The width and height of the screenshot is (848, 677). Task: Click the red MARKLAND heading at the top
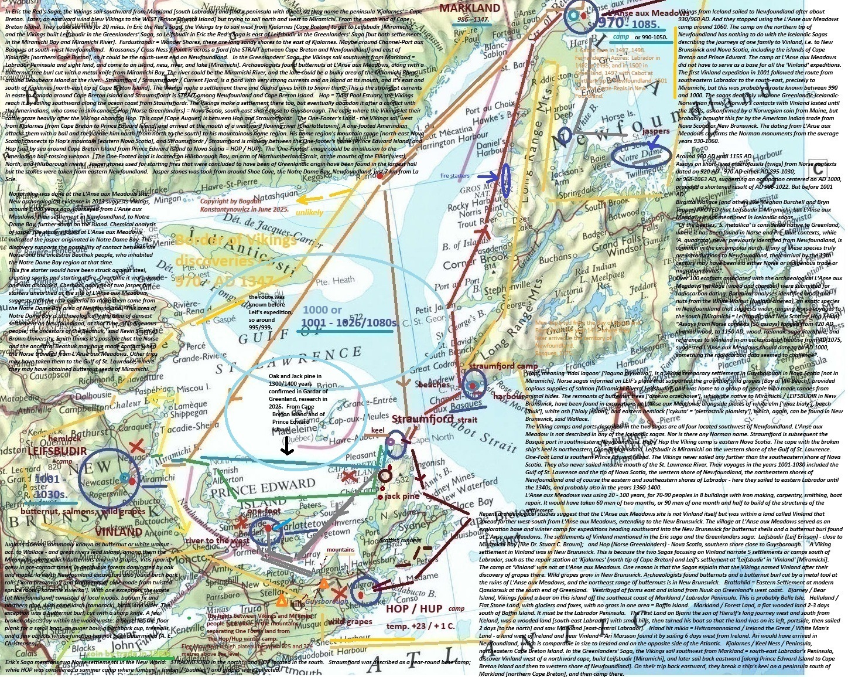(470, 8)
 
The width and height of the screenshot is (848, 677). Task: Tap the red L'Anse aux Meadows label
(642, 13)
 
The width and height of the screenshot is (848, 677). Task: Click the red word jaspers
(655, 131)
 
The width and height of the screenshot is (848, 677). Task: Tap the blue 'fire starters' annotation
(455, 176)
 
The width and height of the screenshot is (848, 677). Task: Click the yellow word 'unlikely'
(309, 212)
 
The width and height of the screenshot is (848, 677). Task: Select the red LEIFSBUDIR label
(57, 452)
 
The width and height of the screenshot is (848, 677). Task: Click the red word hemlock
(64, 438)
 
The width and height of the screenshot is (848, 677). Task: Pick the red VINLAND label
(118, 532)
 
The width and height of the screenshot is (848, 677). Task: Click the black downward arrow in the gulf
(287, 447)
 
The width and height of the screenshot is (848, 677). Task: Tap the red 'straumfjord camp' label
(503, 366)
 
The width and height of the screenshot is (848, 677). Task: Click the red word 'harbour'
(509, 396)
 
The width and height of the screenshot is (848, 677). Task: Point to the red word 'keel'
(378, 430)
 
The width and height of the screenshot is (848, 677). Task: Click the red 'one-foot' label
(264, 511)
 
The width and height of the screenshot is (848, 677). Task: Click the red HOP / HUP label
(414, 609)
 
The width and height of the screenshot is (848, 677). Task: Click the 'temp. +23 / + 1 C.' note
(420, 626)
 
